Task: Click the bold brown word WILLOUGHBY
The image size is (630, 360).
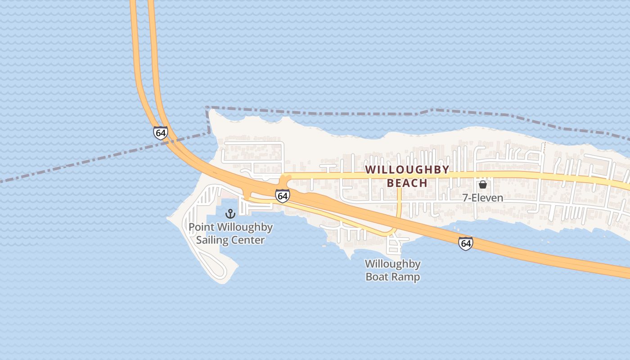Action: pos(407,170)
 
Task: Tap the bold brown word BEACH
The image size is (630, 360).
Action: pos(407,183)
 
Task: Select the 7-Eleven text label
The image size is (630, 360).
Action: pos(483,198)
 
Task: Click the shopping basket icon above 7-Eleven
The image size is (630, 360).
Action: pos(483,184)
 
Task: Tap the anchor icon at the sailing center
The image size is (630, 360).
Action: pos(230,213)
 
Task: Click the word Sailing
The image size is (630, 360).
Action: pos(212,240)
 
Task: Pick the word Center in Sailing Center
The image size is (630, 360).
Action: pos(248,240)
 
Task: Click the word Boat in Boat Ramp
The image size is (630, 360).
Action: pos(376,277)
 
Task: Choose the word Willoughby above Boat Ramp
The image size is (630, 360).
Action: pos(392,264)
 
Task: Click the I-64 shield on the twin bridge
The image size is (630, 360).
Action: pos(160,133)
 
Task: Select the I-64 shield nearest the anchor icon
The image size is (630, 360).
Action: pos(282,196)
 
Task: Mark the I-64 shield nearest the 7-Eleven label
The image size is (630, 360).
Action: pos(466,243)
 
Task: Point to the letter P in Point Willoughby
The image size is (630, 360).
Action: pos(192,227)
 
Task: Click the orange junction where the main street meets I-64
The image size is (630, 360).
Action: pos(284,181)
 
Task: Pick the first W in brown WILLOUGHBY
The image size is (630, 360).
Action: pos(370,170)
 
